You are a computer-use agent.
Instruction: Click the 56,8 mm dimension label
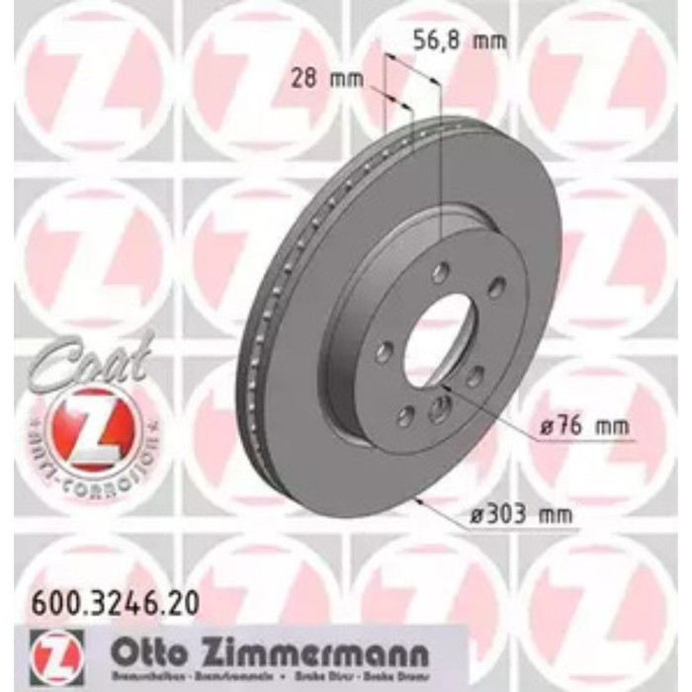click(x=457, y=41)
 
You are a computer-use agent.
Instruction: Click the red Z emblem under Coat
click(x=90, y=424)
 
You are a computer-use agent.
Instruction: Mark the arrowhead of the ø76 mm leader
click(x=447, y=393)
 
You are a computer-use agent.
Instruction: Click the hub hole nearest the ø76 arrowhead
click(x=438, y=411)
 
